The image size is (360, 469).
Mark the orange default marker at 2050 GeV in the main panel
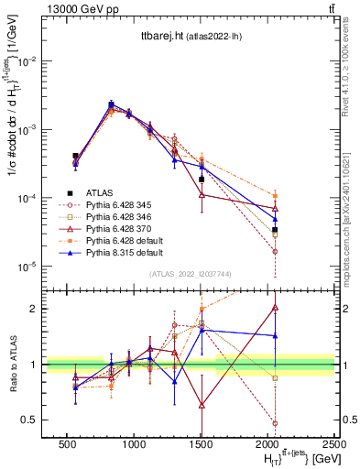coord(276,195)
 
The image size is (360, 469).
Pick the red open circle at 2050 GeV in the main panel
coord(276,251)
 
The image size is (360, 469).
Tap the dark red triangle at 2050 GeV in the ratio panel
coord(276,308)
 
